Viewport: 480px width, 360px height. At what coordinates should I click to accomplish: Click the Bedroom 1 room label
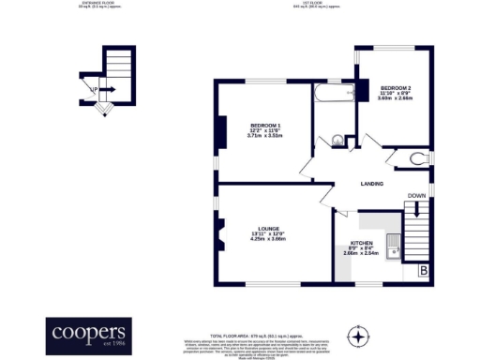tap(264, 126)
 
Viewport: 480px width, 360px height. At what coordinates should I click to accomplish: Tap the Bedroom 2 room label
tap(395, 88)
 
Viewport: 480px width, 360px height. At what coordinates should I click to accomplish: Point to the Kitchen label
tap(360, 243)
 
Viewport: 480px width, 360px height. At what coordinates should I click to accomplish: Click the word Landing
tap(372, 183)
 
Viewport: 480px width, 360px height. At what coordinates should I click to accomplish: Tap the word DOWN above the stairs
tap(416, 196)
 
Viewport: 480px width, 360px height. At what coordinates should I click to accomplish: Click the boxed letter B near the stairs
tap(424, 271)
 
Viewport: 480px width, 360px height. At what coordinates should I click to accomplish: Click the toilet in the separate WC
tap(417, 157)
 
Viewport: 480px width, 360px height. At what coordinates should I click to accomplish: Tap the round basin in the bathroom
tap(338, 142)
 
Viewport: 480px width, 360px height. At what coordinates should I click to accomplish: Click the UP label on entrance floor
tap(94, 90)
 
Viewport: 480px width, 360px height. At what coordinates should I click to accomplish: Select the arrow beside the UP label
tap(106, 90)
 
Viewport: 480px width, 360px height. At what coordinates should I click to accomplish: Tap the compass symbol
tap(356, 335)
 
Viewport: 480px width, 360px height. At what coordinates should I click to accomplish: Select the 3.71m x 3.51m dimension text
tap(264, 137)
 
